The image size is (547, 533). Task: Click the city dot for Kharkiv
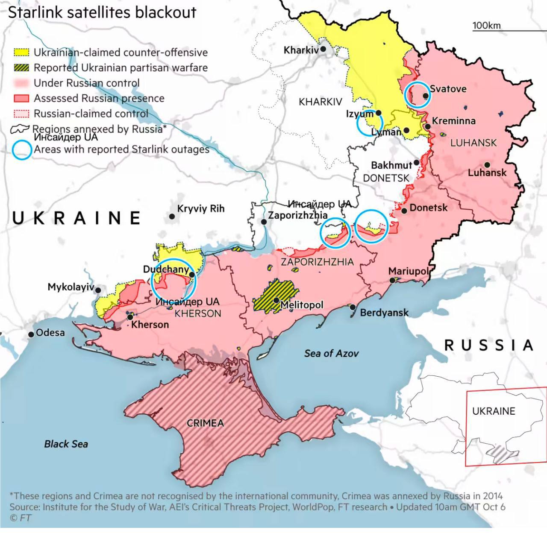(x=323, y=49)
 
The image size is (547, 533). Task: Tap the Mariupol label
(x=408, y=271)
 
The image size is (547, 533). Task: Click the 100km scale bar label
(x=486, y=26)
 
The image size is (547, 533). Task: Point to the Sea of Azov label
(x=331, y=353)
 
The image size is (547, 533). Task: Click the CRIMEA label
(x=205, y=423)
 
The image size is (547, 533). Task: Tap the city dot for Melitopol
(x=276, y=300)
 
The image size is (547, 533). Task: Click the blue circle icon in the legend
(x=22, y=149)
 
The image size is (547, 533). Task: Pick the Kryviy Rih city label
(x=200, y=209)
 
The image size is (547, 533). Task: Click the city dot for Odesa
(x=31, y=334)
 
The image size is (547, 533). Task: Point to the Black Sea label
(x=66, y=444)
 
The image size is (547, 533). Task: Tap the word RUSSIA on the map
(x=489, y=345)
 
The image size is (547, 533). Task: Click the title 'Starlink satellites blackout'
(x=102, y=12)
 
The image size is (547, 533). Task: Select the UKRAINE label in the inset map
(x=494, y=411)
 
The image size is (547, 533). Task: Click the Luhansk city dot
(x=487, y=165)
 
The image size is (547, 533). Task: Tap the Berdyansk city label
(x=384, y=313)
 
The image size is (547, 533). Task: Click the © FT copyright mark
(x=20, y=518)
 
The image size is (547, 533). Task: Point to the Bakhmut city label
(x=391, y=165)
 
